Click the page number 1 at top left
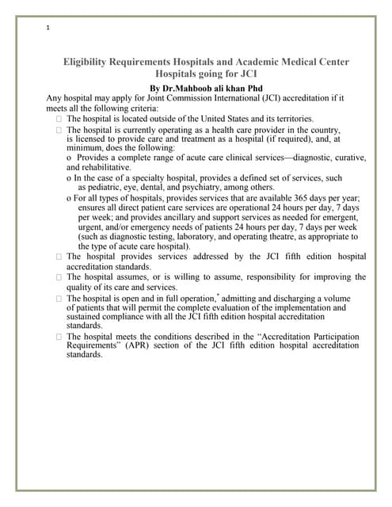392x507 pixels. [48, 29]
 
